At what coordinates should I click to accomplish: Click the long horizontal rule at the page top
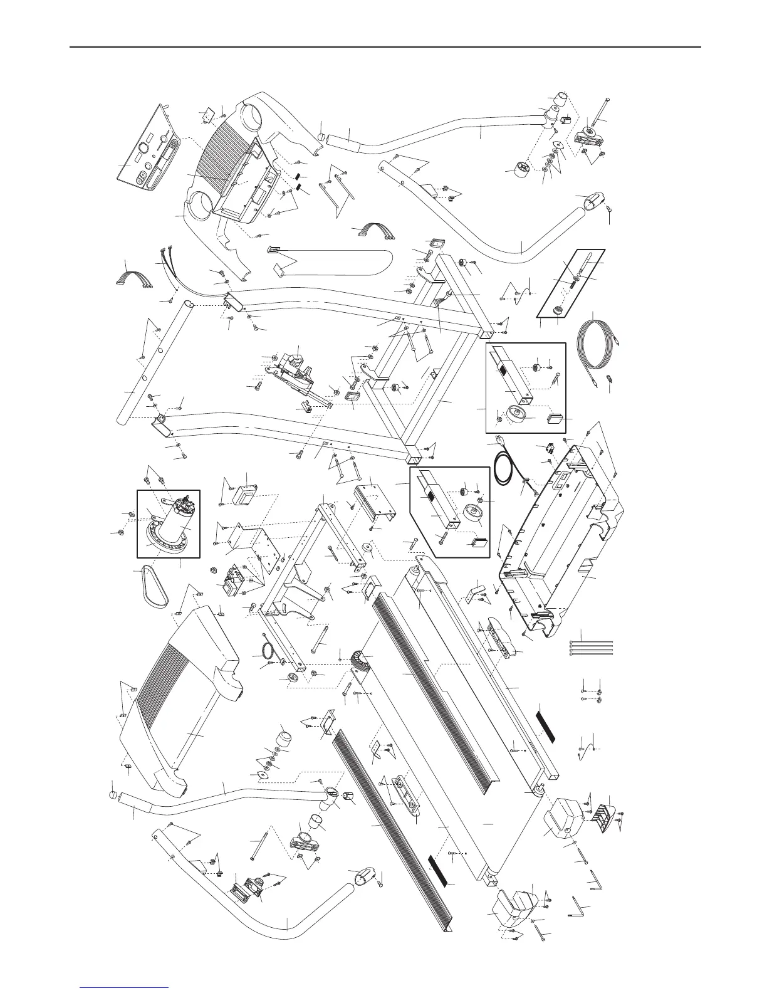(x=384, y=47)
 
